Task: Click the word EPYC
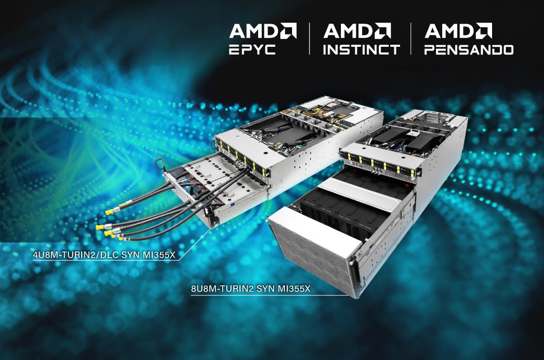tap(252, 50)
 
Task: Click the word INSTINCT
tap(361, 50)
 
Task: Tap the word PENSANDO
tap(469, 50)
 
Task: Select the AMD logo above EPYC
tap(263, 31)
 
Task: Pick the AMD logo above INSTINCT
tap(357, 31)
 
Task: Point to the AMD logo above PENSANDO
tap(458, 31)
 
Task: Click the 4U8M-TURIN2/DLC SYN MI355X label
tap(104, 255)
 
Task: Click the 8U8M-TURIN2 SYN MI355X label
tap(250, 289)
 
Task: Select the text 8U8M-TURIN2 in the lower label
tap(223, 289)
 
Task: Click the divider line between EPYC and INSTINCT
tap(310, 39)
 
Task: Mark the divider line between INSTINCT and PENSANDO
tap(411, 39)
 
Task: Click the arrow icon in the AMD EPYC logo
tap(288, 30)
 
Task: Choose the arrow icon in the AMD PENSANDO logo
tap(484, 30)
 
